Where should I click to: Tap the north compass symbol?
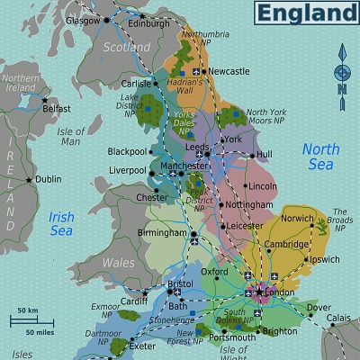pos(341,71)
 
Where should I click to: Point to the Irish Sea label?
pos(61,223)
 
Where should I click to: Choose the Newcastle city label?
pos(229,71)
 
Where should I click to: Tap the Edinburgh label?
pos(148,23)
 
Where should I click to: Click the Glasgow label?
pos(82,20)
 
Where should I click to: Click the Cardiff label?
pos(132,301)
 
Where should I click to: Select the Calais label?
pos(338,317)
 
